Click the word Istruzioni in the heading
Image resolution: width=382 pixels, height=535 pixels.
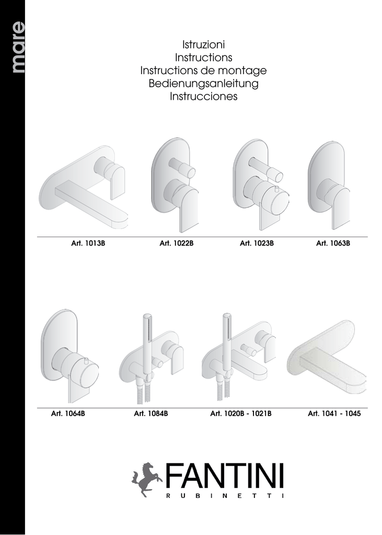(203, 44)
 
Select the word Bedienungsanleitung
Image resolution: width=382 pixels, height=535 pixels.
(203, 83)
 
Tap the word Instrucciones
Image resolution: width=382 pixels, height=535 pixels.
(203, 96)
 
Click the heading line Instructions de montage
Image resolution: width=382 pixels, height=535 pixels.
(203, 71)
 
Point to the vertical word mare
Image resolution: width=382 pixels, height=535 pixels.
(18, 47)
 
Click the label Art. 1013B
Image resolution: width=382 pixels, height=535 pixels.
(88, 243)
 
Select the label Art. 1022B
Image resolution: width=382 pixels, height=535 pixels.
(177, 243)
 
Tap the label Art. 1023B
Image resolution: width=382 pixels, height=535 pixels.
(257, 243)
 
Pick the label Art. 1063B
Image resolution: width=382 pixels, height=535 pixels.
(333, 243)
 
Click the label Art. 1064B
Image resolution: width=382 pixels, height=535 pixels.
(68, 414)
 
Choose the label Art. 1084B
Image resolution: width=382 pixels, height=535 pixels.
(151, 414)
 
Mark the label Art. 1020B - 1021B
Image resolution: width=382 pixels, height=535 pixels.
(241, 414)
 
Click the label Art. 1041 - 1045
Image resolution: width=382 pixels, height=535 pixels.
(334, 414)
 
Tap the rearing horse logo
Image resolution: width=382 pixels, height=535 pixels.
(146, 479)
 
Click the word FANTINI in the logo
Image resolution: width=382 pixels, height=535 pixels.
(225, 475)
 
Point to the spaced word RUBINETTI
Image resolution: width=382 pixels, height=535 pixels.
(225, 496)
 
